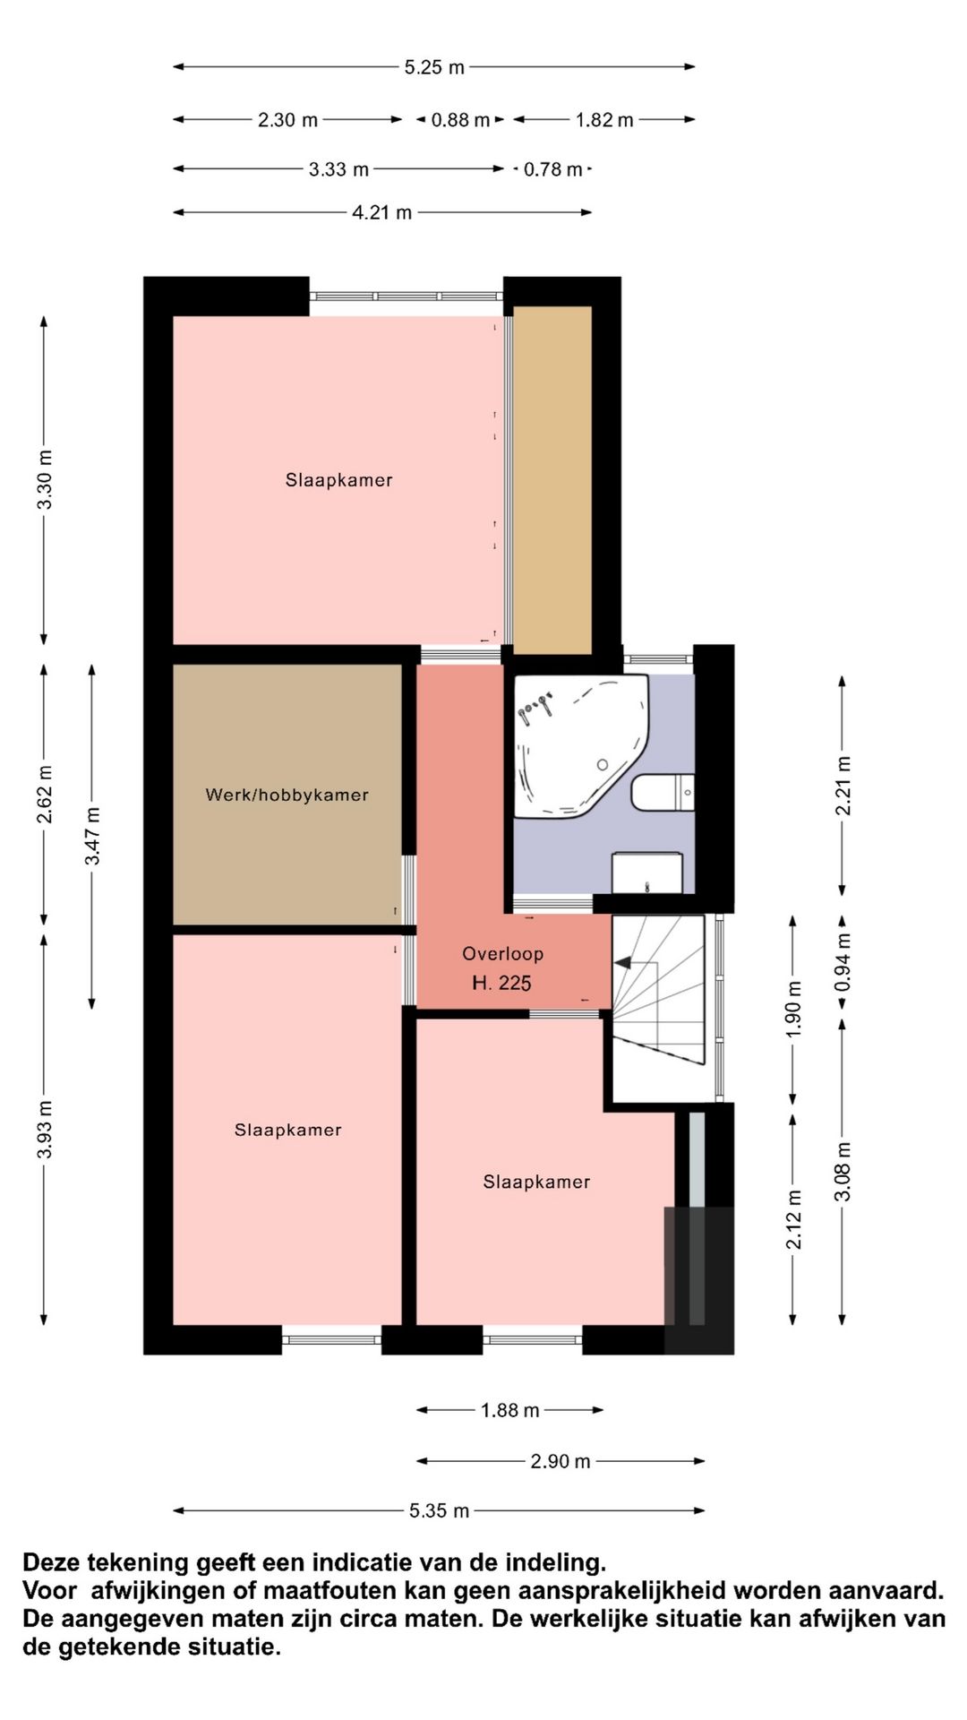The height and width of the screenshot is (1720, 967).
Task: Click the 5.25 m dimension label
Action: tap(434, 67)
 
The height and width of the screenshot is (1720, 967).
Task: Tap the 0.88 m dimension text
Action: tap(460, 120)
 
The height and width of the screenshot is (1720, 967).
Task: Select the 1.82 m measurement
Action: tap(604, 120)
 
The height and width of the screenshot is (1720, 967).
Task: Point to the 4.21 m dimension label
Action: tap(382, 213)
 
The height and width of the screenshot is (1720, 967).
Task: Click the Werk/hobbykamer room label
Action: tap(287, 795)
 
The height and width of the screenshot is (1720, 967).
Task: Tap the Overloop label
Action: tap(502, 954)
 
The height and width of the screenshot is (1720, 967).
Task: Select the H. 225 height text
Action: tap(501, 984)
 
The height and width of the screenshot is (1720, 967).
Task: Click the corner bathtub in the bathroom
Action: tap(580, 745)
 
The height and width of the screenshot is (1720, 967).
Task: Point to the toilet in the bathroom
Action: tap(663, 792)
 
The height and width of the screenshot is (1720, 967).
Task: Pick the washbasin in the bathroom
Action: tap(646, 873)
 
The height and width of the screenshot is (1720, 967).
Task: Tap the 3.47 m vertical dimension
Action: tap(93, 836)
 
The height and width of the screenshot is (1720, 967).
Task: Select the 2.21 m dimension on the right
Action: tap(843, 786)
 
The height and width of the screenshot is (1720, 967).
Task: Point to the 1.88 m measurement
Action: tap(510, 1411)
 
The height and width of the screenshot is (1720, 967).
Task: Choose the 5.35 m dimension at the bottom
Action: tap(439, 1511)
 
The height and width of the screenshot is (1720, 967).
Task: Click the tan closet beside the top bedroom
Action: tap(552, 480)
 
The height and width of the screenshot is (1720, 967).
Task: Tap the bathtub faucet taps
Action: tap(535, 709)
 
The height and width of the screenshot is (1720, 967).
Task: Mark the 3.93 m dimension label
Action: tap(45, 1130)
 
